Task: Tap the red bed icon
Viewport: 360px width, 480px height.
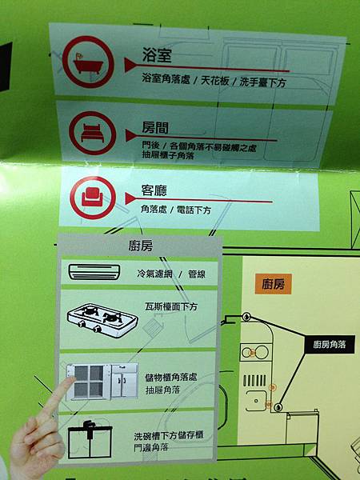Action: [93, 133]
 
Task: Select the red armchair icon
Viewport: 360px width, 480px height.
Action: [93, 198]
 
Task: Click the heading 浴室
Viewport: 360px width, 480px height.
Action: [157, 54]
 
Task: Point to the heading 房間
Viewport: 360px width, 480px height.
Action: [155, 127]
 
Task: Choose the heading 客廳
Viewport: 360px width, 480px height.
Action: [154, 190]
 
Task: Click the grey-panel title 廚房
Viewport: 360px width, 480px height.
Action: [141, 246]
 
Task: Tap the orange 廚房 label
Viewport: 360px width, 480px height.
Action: [273, 284]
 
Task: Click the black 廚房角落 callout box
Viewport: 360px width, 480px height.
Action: [330, 344]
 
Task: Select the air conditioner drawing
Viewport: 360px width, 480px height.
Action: [94, 271]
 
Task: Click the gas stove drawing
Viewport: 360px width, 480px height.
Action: [102, 320]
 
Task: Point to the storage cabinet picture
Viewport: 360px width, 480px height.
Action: [102, 382]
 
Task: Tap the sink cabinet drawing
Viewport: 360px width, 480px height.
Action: [90, 438]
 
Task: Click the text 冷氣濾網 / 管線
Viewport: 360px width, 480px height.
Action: [171, 274]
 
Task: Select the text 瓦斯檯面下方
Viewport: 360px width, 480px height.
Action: [171, 306]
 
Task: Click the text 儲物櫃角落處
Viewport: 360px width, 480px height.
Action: [171, 378]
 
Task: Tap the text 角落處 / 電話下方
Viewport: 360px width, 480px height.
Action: [176, 210]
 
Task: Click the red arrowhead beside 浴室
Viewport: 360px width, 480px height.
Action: [130, 65]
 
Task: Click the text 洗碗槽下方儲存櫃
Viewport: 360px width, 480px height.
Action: [169, 435]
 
